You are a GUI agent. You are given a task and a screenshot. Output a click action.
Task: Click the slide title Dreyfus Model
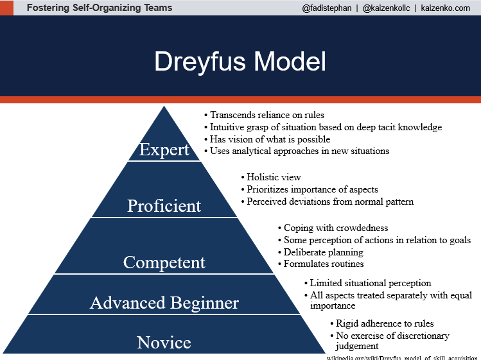click(x=240, y=62)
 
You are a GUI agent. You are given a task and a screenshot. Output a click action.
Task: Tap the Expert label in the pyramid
click(x=164, y=150)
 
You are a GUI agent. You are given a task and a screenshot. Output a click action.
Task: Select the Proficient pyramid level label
click(x=164, y=206)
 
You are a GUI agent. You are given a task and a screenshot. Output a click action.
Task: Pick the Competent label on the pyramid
click(x=164, y=262)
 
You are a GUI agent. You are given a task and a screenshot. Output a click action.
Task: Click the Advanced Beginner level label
click(x=164, y=303)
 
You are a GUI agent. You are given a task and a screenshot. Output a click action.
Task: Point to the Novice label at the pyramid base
click(x=164, y=343)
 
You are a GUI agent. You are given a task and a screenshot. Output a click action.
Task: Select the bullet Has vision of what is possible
click(x=270, y=139)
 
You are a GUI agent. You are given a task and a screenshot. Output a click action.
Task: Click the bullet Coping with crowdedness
click(x=336, y=228)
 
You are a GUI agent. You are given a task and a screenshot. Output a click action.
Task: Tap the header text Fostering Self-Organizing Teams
click(x=100, y=8)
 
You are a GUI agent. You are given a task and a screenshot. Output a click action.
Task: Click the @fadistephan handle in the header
click(x=326, y=8)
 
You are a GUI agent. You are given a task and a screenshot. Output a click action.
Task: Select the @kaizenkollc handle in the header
click(x=386, y=8)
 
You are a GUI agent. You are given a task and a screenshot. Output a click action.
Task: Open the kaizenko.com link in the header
click(x=446, y=8)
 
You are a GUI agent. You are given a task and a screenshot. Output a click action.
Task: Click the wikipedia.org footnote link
click(x=402, y=357)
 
